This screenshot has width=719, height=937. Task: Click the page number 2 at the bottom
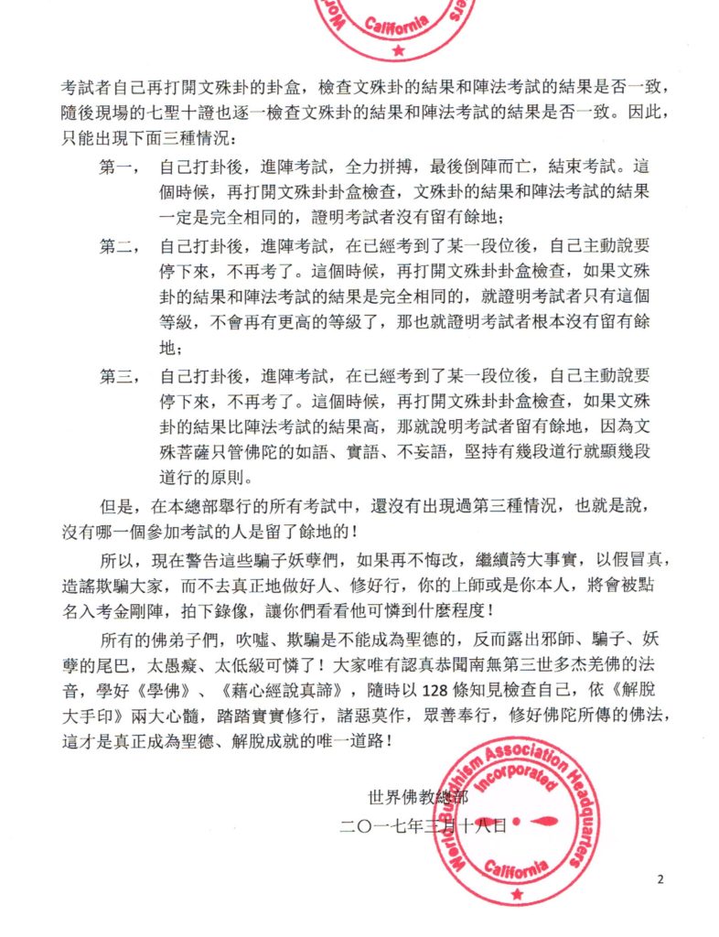point(660,879)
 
